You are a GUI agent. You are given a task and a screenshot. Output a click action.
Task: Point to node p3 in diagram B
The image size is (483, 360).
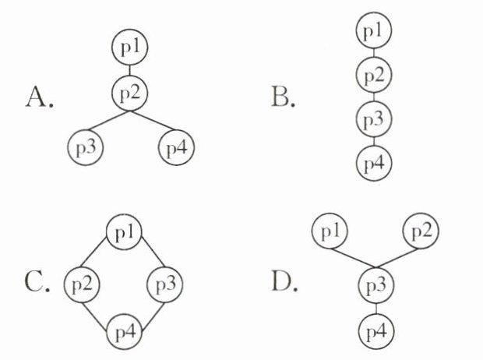374,120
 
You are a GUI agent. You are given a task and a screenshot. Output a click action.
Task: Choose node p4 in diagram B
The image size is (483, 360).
374,164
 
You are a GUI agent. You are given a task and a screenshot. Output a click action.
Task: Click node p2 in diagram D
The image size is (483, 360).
420,232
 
